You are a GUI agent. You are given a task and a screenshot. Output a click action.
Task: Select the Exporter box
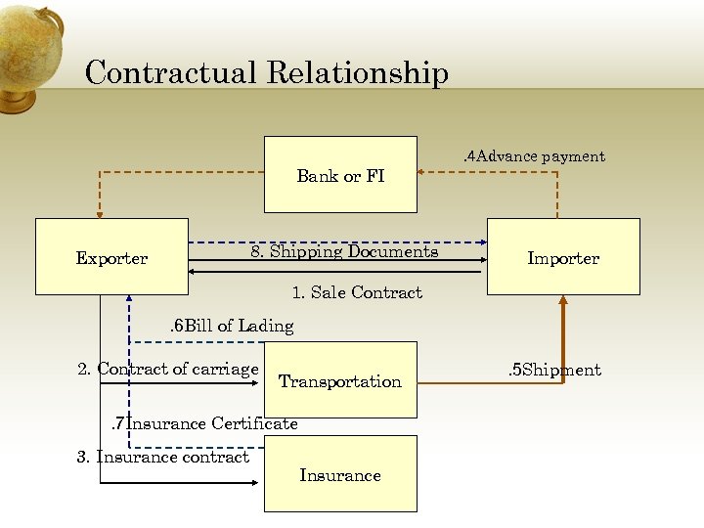point(111,256)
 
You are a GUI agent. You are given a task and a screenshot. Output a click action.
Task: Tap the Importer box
point(563,256)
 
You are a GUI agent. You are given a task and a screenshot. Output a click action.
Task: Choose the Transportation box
point(340,380)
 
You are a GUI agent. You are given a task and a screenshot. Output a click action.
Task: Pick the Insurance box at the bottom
point(340,474)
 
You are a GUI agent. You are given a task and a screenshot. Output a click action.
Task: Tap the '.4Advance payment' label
point(534,156)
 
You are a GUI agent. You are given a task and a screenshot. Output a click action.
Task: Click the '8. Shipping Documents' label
point(344,251)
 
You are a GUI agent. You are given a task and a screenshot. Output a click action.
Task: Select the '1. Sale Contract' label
point(357,292)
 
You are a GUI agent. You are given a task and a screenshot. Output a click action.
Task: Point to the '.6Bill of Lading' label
point(232,326)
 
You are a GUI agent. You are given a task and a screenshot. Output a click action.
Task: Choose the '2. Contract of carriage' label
point(167,369)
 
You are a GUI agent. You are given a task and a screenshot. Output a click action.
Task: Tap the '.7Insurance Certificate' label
point(203,423)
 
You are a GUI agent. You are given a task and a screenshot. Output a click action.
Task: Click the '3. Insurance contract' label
point(162,457)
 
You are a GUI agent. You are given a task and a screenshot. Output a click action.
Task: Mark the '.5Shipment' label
point(554,370)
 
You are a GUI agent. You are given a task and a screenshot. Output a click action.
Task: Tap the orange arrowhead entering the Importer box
point(563,301)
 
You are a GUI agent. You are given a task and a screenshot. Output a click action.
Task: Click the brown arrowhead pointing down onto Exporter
point(99,213)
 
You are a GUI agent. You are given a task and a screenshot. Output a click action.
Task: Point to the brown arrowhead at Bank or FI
point(423,172)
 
